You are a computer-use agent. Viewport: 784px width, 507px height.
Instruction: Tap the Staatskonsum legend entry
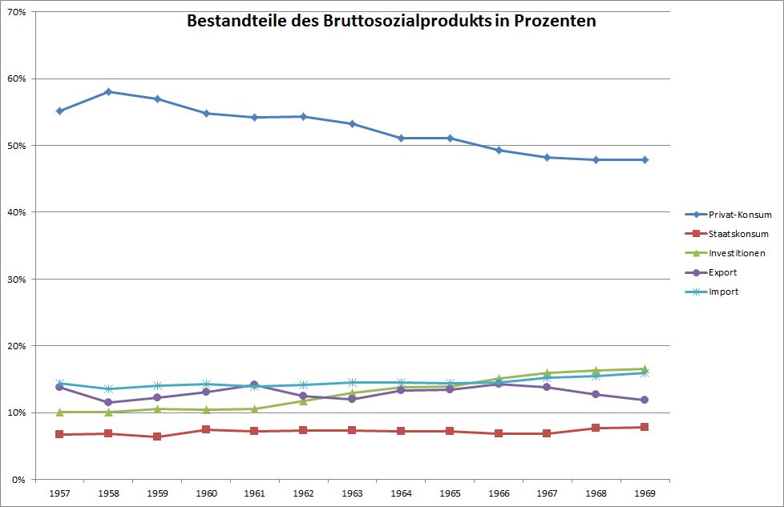pyautogui.click(x=738, y=234)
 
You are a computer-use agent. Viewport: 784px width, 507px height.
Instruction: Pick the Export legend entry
pyautogui.click(x=722, y=272)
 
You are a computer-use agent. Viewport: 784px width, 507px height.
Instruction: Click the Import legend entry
pyautogui.click(x=723, y=292)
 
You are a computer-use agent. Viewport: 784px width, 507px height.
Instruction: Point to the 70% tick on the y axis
pyautogui.click(x=17, y=12)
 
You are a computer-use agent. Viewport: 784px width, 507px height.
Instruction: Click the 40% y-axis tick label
pyautogui.click(x=17, y=212)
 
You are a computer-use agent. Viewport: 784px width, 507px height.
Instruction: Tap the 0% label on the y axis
pyautogui.click(x=19, y=479)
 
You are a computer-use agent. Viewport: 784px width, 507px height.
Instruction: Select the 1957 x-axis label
pyautogui.click(x=60, y=494)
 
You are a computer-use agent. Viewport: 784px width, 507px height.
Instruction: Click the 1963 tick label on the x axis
pyautogui.click(x=352, y=494)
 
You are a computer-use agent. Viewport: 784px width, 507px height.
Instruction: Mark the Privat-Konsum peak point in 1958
pyautogui.click(x=108, y=91)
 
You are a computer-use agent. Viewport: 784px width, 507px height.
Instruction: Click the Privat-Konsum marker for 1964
pyautogui.click(x=401, y=138)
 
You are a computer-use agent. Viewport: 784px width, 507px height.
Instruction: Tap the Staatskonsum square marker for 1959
pyautogui.click(x=157, y=437)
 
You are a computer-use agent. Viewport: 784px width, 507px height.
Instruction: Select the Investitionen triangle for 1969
pyautogui.click(x=644, y=368)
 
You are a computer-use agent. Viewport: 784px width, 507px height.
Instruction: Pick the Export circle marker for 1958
pyautogui.click(x=108, y=402)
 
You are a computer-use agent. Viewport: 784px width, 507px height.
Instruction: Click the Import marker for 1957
pyautogui.click(x=60, y=383)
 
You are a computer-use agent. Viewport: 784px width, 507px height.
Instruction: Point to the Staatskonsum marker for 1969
pyautogui.click(x=644, y=427)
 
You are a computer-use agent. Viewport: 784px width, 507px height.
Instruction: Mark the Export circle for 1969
pyautogui.click(x=644, y=400)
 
